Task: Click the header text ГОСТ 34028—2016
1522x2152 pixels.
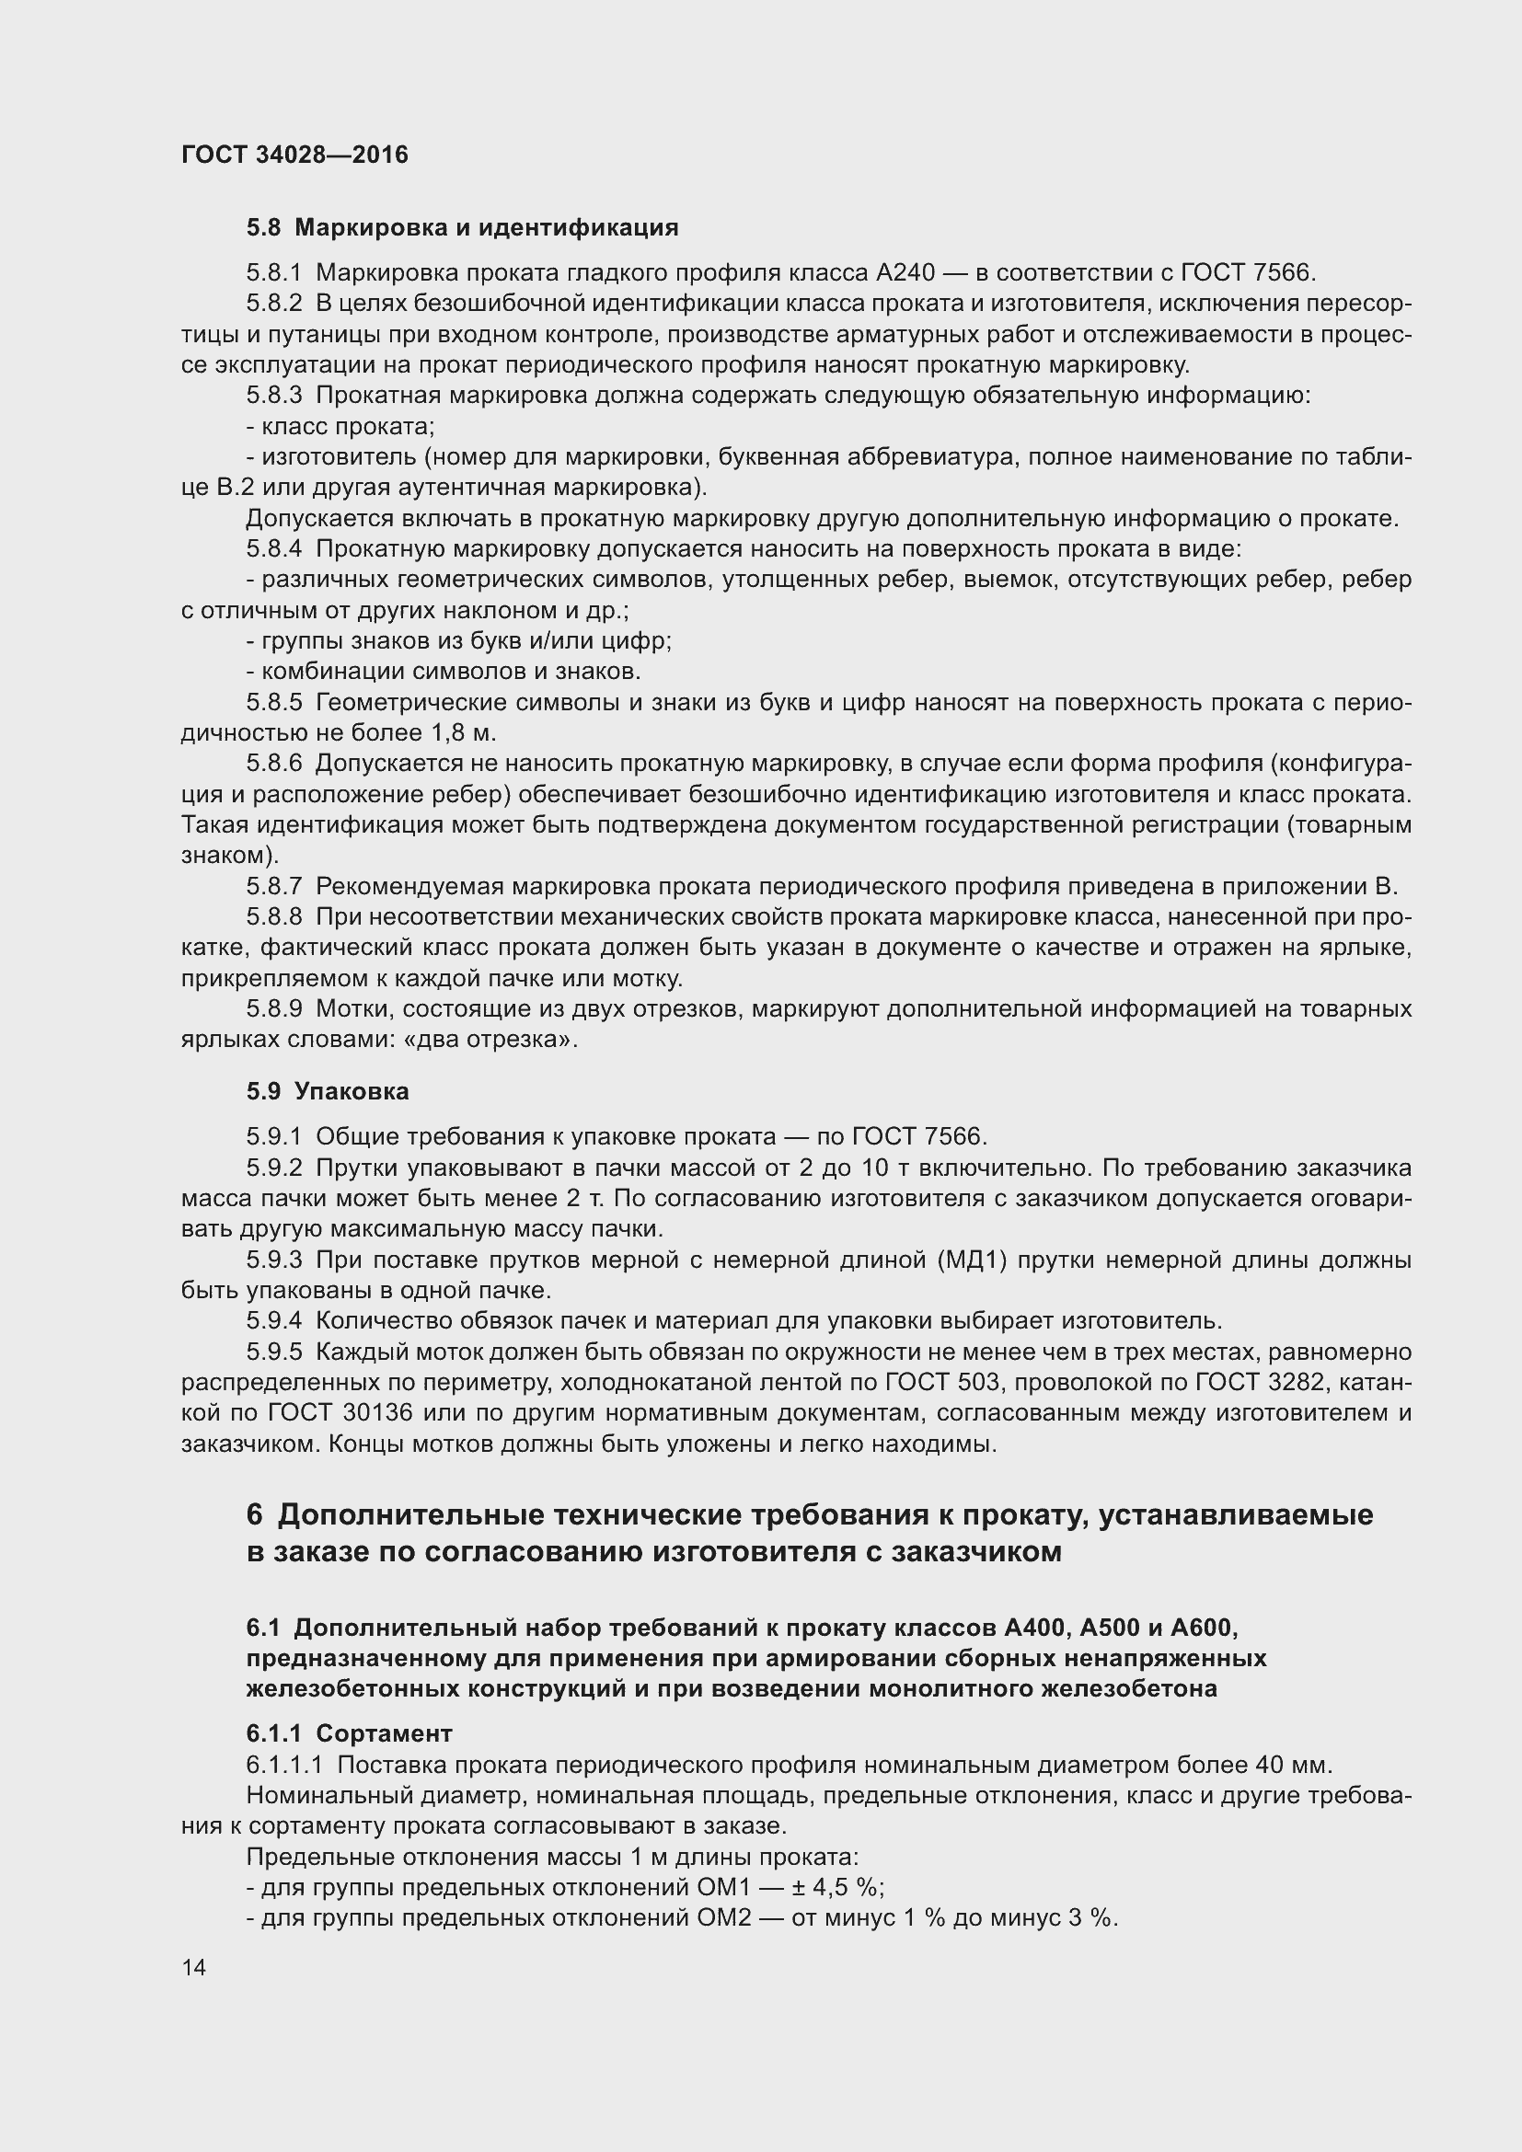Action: coord(294,155)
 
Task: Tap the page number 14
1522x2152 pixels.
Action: coord(194,1967)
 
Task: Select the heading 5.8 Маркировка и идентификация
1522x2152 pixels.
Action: coord(462,228)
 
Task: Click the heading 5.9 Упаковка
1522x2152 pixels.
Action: coord(328,1091)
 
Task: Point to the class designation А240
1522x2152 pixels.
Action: coord(905,272)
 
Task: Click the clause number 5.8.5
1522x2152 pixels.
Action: coord(274,702)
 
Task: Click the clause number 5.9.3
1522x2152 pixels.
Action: coord(274,1260)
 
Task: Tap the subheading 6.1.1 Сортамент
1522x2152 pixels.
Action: coord(350,1733)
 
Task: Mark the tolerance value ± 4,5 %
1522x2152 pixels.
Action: coord(841,1887)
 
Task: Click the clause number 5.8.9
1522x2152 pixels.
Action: coord(274,1008)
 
